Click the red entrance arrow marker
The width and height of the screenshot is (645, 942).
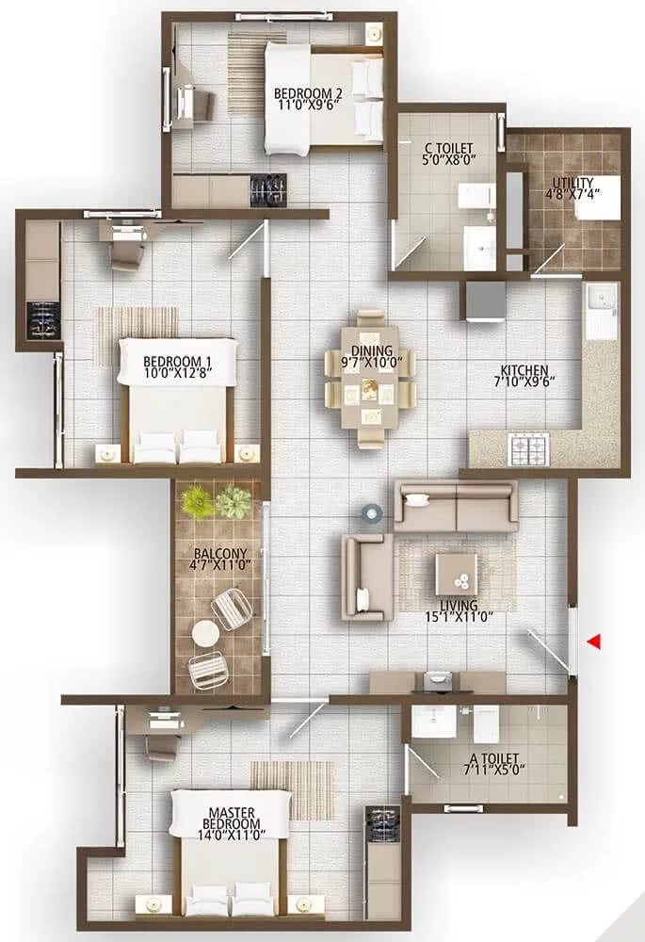(x=594, y=642)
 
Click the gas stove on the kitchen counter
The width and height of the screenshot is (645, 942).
(x=528, y=448)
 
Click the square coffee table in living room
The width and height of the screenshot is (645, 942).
(x=456, y=574)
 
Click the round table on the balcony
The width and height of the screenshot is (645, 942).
(x=205, y=634)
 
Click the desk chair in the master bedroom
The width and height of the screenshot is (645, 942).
(x=162, y=746)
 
